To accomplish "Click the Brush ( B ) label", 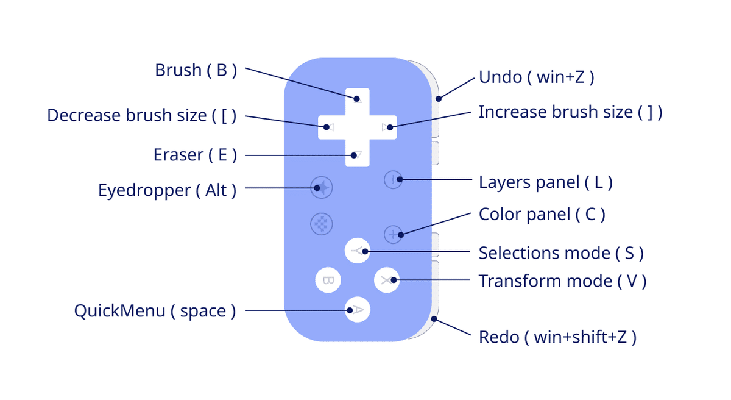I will click(195, 71).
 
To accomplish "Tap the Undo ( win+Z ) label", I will click(536, 77).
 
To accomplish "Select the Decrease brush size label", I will click(141, 115).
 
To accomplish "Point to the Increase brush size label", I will click(570, 112).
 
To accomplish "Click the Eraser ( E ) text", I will click(194, 155).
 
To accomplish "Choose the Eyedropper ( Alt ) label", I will click(167, 190).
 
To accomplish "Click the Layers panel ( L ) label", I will click(545, 182).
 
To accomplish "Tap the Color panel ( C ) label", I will click(542, 215).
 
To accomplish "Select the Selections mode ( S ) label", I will click(560, 252).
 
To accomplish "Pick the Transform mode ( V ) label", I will click(562, 281).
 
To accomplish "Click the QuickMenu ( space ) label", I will click(155, 311).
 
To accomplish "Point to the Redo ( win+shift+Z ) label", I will click(557, 337).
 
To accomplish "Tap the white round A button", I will click(358, 310).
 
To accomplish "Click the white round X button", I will click(386, 280).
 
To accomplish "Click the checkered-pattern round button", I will click(321, 224).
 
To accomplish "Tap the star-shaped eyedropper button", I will click(321, 188).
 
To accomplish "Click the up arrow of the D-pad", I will click(358, 99).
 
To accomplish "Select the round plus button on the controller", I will click(394, 234).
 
